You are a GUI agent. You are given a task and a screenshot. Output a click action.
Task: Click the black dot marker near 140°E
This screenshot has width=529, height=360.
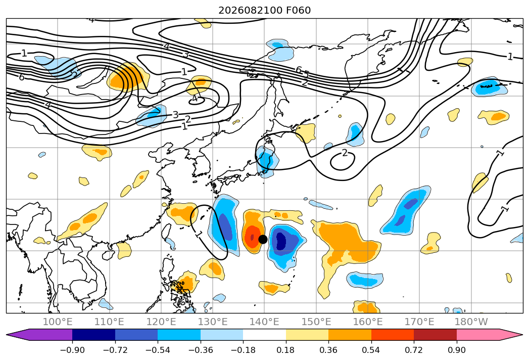tap(263, 240)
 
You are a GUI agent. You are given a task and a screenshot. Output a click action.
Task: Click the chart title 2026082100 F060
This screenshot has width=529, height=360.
tap(265, 11)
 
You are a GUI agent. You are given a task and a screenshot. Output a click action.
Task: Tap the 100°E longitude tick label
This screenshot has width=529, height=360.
tap(58, 322)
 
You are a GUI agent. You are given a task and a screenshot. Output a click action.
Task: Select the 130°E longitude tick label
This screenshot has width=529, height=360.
tap(213, 322)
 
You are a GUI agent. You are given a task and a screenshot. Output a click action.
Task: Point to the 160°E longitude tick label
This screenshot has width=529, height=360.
tap(368, 322)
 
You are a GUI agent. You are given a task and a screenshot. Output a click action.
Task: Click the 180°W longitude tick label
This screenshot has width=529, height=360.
tap(471, 322)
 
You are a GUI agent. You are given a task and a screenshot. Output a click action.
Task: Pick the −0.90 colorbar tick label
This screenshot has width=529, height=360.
tap(72, 350)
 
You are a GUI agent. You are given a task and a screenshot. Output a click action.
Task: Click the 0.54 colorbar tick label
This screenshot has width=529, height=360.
tap(371, 350)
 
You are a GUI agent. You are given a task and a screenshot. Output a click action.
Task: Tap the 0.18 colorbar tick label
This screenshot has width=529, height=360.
tap(286, 350)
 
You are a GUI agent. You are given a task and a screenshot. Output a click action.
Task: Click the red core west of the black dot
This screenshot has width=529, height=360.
tap(251, 236)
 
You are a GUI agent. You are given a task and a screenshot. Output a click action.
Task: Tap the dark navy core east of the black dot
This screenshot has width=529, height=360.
tap(281, 241)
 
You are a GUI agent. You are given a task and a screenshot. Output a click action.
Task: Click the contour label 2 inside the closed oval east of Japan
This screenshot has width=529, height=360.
tap(344, 153)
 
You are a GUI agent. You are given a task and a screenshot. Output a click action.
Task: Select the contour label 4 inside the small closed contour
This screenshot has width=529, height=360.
tap(195, 99)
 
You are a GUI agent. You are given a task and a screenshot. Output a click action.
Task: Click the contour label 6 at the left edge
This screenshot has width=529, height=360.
tap(22, 77)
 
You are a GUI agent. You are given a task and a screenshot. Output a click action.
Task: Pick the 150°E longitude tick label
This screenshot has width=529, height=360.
tap(316, 322)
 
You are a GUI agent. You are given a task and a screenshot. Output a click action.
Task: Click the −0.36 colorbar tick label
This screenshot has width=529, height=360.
tap(201, 350)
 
